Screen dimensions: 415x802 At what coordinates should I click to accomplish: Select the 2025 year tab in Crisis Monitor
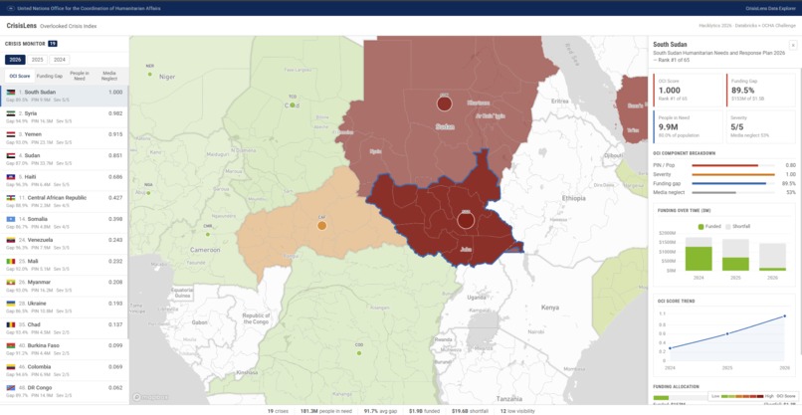point(37,60)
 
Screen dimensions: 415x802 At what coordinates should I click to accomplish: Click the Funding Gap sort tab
point(50,76)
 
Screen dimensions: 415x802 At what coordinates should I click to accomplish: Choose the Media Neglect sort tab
point(108,76)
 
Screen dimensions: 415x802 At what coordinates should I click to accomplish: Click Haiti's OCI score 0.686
point(115,176)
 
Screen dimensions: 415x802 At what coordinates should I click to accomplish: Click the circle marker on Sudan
point(445,103)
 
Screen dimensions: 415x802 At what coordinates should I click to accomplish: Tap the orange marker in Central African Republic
point(322,226)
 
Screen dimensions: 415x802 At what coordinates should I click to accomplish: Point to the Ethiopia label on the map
point(575,198)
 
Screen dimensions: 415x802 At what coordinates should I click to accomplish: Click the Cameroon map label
point(206,250)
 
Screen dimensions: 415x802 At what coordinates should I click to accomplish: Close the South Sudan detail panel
point(792,45)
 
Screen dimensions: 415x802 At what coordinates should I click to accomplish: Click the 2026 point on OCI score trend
point(785,316)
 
